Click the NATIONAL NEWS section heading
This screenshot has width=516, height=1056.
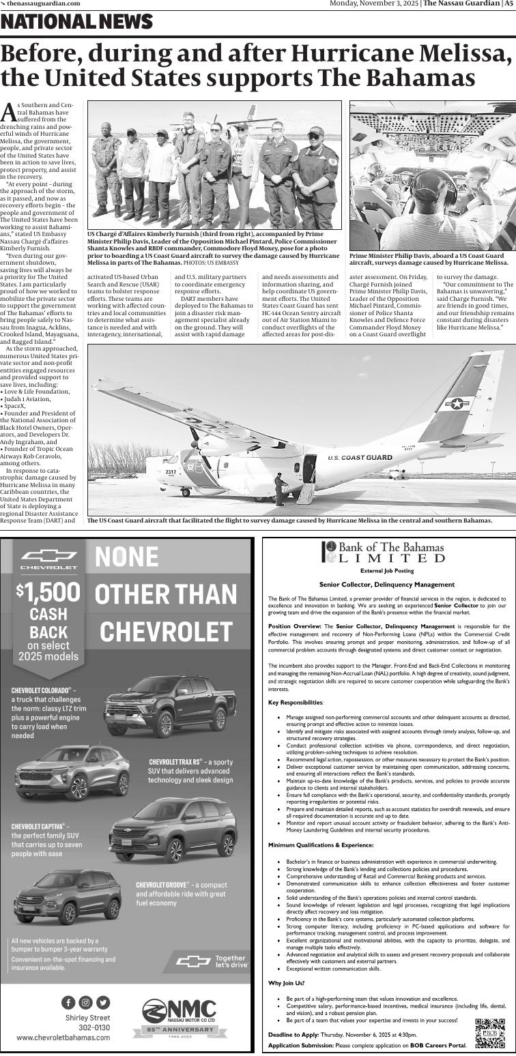[x=77, y=23]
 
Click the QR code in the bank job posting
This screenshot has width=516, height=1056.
[x=489, y=1031]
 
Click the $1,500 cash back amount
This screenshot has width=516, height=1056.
[x=48, y=591]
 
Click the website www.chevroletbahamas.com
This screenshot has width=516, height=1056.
[x=63, y=1037]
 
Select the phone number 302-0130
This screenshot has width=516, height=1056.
[x=94, y=1027]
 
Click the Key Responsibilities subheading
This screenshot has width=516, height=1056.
[x=296, y=702]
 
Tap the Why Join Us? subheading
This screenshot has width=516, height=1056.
[x=287, y=983]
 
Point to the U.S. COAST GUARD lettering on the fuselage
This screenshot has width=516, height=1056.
[x=360, y=458]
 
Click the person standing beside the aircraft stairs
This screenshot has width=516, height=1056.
[x=278, y=489]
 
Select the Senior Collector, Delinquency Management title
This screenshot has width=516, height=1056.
[x=386, y=584]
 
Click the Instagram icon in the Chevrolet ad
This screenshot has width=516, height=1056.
[x=85, y=1002]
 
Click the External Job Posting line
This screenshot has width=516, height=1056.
[x=386, y=570]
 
